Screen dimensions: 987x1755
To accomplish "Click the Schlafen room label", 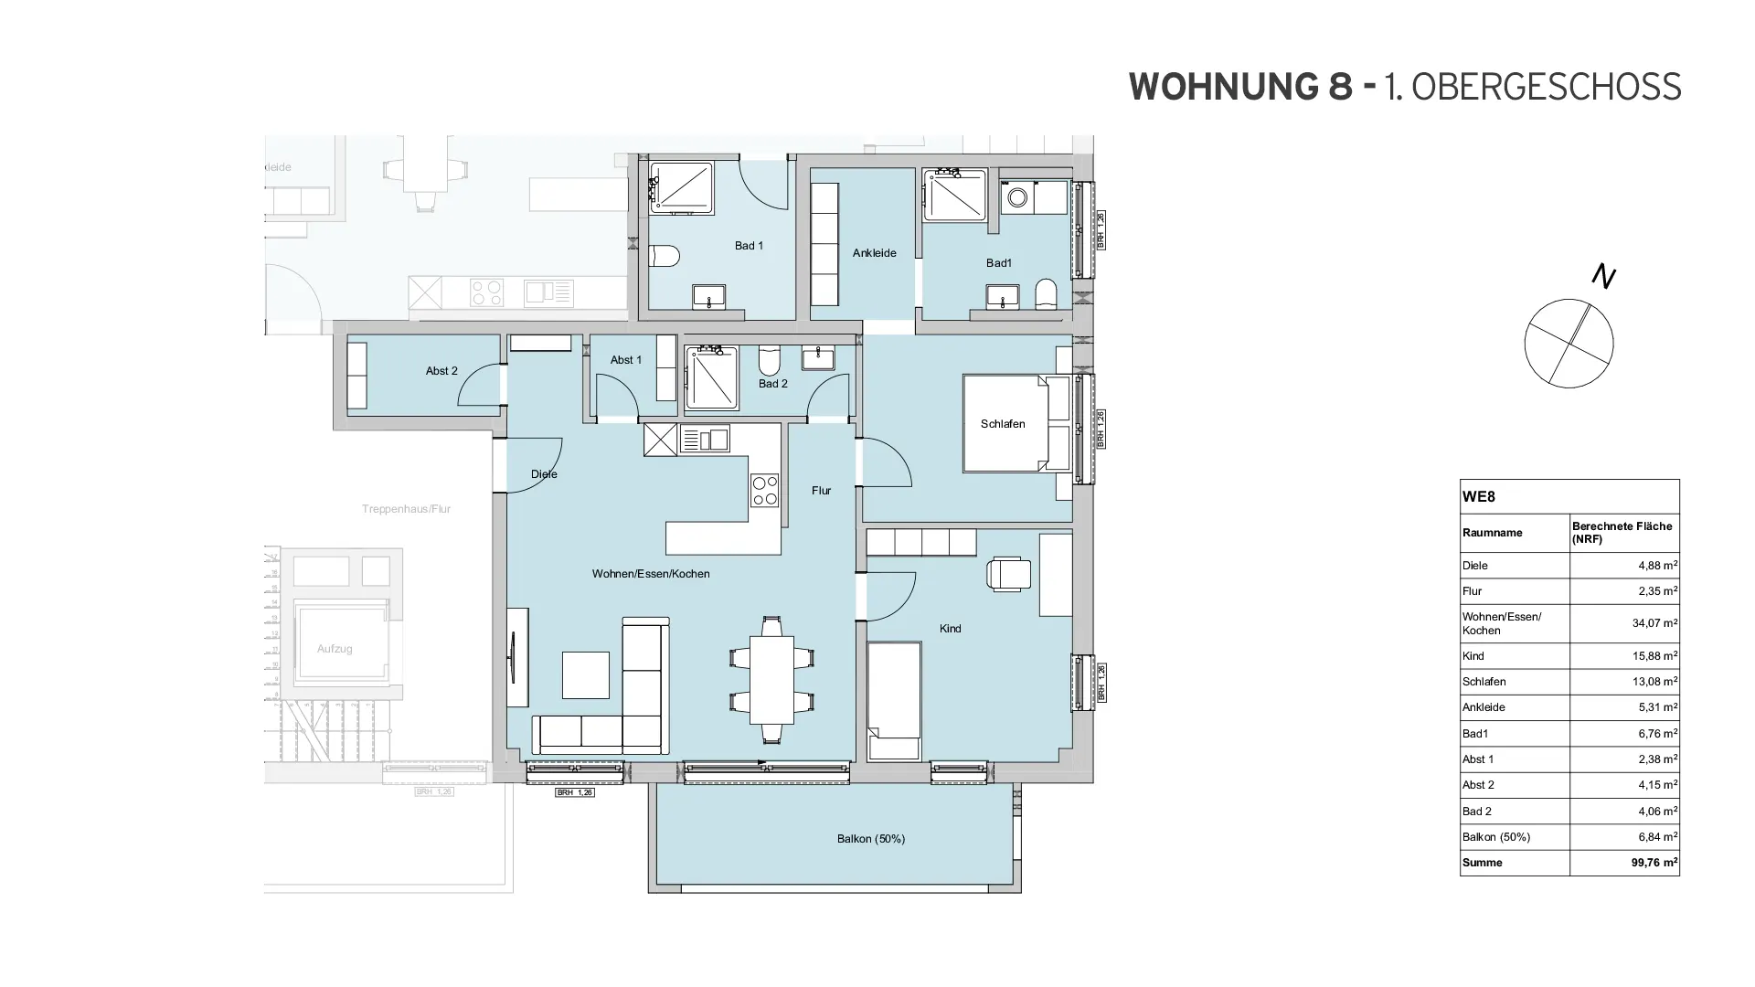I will (x=1003, y=424).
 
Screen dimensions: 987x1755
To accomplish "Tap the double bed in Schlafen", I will (x=1015, y=423).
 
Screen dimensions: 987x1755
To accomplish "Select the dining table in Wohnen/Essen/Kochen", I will (x=771, y=678).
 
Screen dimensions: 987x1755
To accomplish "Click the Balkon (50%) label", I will (x=870, y=839).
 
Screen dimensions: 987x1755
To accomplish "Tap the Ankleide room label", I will (x=874, y=253).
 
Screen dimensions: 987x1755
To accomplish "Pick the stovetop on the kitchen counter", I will (x=764, y=491).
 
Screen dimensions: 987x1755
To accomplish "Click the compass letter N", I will (x=1603, y=276).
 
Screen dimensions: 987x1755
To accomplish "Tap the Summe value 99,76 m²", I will (x=1654, y=863).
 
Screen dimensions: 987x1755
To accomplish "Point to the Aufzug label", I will (x=335, y=649).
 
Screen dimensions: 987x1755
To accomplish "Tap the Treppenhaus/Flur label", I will (x=406, y=509).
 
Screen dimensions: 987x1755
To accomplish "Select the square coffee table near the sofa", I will (x=585, y=675).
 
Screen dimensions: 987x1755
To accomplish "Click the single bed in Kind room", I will (x=894, y=701).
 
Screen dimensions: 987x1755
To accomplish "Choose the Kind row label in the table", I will (x=1473, y=656).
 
